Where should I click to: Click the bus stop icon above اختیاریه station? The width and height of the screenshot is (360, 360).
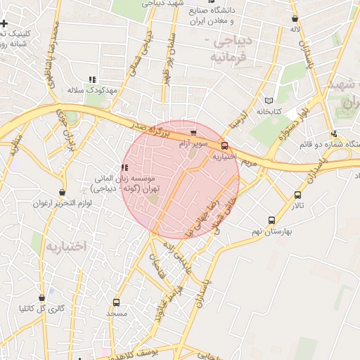point(224,146)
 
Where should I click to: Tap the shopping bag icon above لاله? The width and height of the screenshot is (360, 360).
point(295,19)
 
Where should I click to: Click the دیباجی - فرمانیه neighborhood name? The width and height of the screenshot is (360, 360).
point(229,47)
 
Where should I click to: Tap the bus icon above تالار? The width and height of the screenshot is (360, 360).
point(298,195)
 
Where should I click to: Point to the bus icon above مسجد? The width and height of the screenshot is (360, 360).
point(115,302)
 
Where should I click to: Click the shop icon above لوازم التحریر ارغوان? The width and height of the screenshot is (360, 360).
point(63,192)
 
